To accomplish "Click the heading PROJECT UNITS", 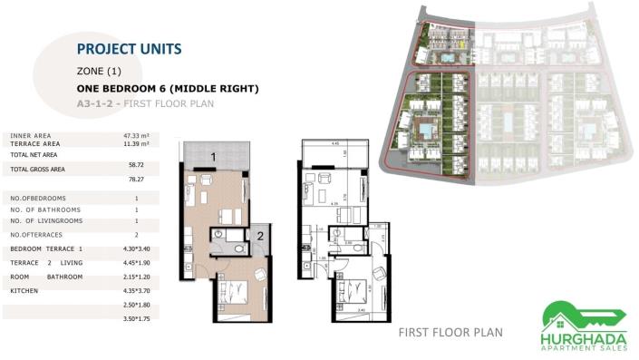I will pos(130,49).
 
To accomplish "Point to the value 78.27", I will pos(137,180).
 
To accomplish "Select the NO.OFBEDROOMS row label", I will pos(38,198).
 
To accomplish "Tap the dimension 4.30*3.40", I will pos(137,248).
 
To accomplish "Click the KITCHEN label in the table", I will pos(24,291).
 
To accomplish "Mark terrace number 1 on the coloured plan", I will pos(212,156).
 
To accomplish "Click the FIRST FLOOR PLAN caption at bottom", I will pos(450,333).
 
